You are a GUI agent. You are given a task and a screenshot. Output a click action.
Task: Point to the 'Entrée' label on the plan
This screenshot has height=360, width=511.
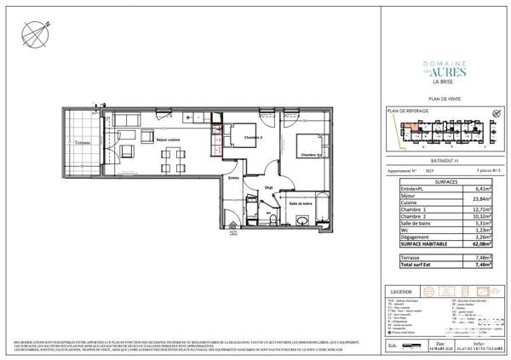click(x=233, y=178)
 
